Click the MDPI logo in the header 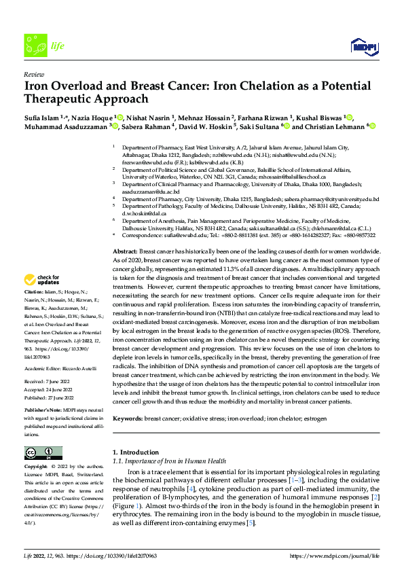coord(363,46)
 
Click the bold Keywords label coord(128,419)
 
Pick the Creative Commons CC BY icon coord(43,452)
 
